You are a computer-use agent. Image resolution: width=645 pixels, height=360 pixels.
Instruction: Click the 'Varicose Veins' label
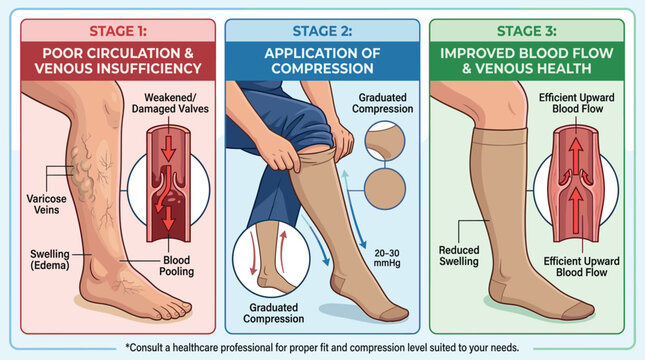46,204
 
